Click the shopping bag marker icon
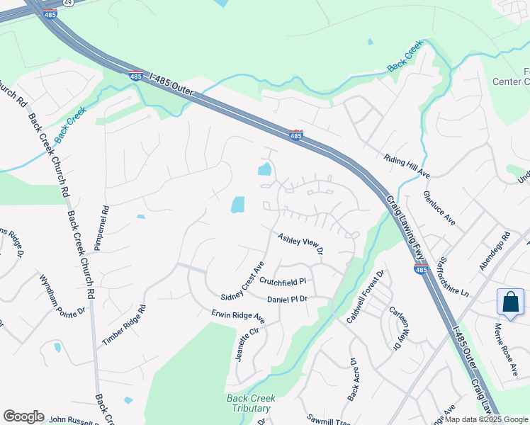[510, 302]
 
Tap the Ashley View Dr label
[300, 244]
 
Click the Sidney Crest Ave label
[242, 281]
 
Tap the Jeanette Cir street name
[248, 344]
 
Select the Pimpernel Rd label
[105, 228]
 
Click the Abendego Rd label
[495, 251]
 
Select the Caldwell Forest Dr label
[364, 297]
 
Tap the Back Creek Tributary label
[251, 403]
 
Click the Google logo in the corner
[23, 416]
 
